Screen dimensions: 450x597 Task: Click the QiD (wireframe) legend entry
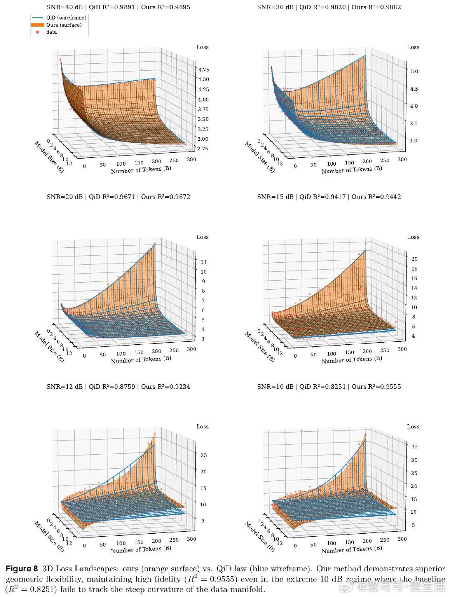[x=59, y=17]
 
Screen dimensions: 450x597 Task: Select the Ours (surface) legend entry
[x=57, y=25]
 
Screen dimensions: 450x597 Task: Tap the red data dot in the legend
[x=37, y=32]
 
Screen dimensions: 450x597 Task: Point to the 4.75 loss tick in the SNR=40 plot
[x=204, y=70]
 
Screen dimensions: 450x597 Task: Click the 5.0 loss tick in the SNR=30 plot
[x=414, y=71]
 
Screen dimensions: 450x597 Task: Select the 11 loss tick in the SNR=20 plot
[x=204, y=262]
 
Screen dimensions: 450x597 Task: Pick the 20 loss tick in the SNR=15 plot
[x=414, y=259]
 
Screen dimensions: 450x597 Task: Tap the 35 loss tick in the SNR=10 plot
[x=414, y=446]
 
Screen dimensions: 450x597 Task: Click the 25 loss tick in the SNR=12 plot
[x=204, y=455]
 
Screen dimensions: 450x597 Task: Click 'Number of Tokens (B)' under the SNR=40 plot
[x=141, y=169]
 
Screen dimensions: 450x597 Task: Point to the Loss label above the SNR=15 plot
[x=413, y=237]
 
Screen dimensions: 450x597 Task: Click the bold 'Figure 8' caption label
[x=22, y=568]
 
